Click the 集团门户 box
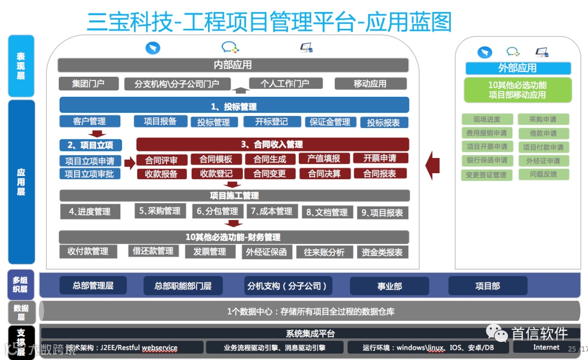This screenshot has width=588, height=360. pos(88,84)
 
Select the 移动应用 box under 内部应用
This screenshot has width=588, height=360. pos(370,84)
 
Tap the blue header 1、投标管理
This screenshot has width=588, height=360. pos(234,106)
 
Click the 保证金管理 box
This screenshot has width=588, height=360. pos(330,122)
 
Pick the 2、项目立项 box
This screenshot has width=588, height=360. pos(90,145)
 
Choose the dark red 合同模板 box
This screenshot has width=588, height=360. pos(216,160)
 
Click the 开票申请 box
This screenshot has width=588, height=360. pos(381,158)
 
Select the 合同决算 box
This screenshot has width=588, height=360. pos(324,174)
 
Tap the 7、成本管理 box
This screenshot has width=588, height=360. pos(271,211)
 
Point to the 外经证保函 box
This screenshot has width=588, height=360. pos(266,252)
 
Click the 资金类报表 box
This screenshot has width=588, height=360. pos(382,252)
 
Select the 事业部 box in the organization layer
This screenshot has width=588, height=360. pos(390,286)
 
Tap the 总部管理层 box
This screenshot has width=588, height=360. pos(93,285)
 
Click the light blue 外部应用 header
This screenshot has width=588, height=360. pos(518,68)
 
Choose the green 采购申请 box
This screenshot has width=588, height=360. pos(543,119)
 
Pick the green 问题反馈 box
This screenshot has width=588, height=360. pos(543,174)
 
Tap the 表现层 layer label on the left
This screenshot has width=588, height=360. pos(21,66)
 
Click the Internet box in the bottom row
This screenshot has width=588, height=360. pos(546,347)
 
